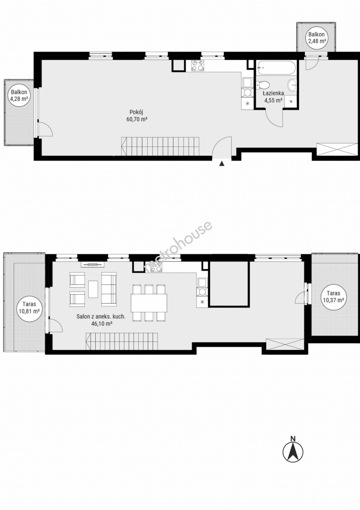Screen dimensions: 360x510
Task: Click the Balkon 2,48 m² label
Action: (317, 38)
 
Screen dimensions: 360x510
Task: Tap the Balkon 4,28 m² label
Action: (19, 95)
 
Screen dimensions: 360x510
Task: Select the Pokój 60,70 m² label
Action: (136, 116)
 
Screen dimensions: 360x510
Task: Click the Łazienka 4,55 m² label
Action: (273, 97)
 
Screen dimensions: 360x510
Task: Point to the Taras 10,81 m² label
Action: (29, 307)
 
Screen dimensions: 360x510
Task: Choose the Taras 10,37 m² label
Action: (334, 297)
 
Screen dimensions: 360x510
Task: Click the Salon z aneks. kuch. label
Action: (101, 316)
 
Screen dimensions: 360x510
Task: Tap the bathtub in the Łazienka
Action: (277, 68)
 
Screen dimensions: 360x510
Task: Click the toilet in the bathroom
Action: (262, 85)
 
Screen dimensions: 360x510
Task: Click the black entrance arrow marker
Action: (222, 163)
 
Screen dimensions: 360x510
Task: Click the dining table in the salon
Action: (149, 303)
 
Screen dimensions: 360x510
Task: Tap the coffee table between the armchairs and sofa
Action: (93, 289)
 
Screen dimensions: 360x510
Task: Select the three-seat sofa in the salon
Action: (109, 289)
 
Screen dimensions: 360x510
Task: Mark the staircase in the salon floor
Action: (122, 341)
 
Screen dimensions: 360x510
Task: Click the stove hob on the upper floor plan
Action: (198, 66)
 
